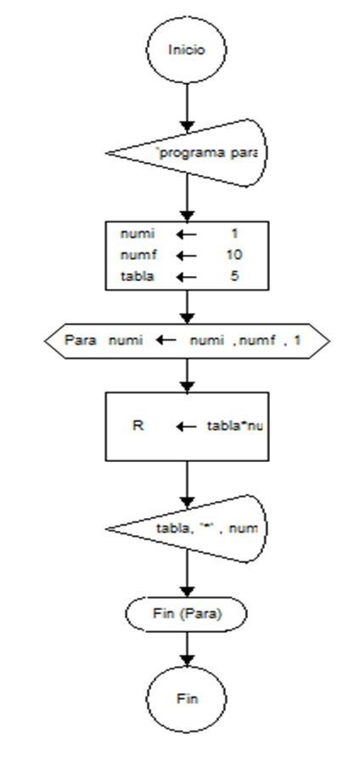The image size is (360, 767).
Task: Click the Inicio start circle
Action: tap(186, 49)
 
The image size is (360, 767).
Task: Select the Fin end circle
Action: tap(186, 698)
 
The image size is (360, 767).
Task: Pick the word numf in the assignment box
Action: tap(135, 254)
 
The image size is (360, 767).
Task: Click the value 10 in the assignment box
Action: tap(235, 254)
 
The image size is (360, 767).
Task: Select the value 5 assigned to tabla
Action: tap(235, 275)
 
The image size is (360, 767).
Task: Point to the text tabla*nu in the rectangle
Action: tap(236, 426)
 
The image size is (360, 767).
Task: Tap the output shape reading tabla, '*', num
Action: tap(204, 529)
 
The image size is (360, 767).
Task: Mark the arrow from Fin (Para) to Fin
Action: tap(186, 647)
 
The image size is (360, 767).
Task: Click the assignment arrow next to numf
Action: tap(185, 254)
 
